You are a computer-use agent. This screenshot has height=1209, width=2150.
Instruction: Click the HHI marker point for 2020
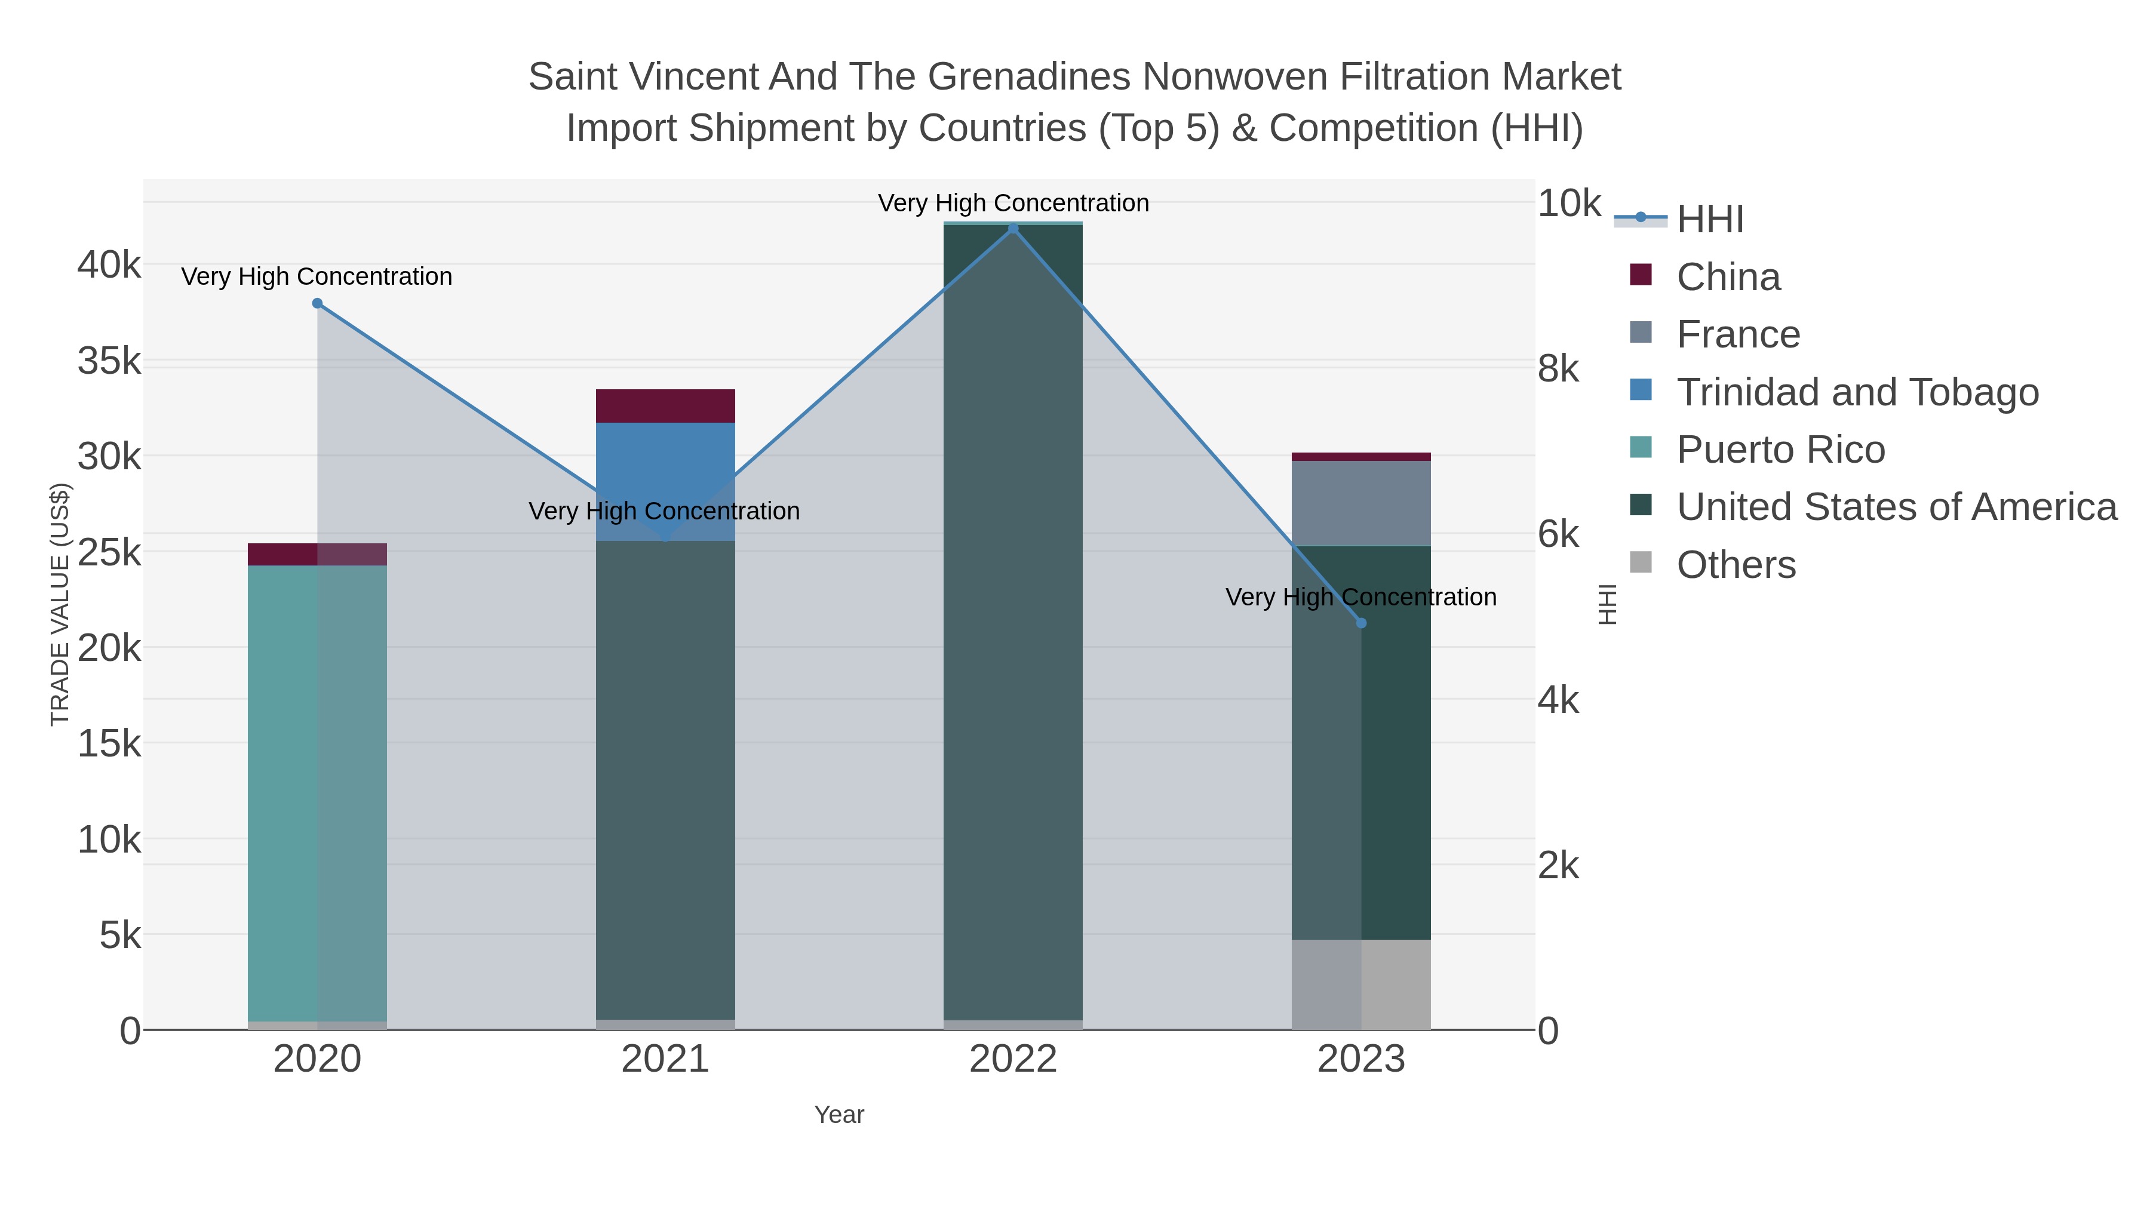317,304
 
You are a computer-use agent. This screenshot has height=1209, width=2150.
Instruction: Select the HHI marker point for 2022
1013,229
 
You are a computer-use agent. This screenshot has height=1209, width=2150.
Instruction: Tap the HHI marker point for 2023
1361,623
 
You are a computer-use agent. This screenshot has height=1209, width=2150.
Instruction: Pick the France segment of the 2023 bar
1361,503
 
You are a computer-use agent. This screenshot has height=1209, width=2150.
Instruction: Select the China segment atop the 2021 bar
665,407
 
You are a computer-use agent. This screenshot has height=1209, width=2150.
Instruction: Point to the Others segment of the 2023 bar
1361,985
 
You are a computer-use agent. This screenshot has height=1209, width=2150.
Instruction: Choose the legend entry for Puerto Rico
1780,450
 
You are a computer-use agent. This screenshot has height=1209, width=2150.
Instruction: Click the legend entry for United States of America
1894,507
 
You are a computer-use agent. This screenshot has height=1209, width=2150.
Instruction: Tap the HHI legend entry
1709,220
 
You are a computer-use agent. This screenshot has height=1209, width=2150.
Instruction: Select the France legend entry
1738,334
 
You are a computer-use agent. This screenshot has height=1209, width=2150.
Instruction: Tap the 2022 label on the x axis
1013,1060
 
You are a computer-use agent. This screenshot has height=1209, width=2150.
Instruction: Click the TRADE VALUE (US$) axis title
60,604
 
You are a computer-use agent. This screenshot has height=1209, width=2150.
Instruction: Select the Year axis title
839,1115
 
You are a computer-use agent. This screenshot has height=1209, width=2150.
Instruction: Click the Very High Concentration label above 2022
1013,203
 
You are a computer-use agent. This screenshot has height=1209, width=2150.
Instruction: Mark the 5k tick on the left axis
120,936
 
